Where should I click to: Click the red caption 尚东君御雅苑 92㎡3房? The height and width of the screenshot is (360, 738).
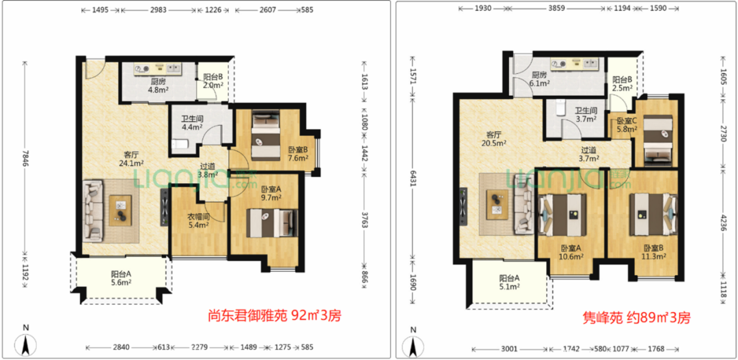[274, 316]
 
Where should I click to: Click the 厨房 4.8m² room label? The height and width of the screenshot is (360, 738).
[159, 85]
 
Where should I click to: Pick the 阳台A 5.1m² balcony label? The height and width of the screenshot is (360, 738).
[509, 282]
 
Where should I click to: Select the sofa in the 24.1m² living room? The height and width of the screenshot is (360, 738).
[94, 208]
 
